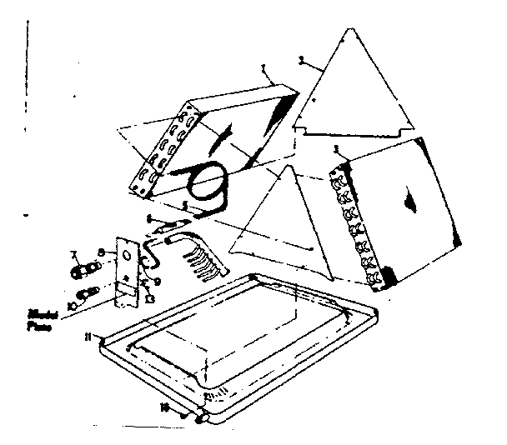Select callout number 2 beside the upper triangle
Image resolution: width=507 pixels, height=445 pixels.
[x=301, y=60]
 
